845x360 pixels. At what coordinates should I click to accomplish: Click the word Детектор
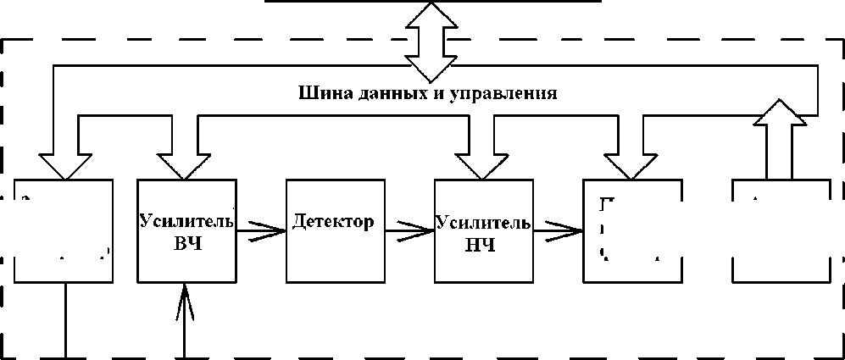[x=332, y=223]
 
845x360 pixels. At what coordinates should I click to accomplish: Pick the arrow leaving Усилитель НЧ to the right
[x=559, y=229]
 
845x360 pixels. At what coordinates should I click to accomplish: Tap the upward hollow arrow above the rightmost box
[x=778, y=136]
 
